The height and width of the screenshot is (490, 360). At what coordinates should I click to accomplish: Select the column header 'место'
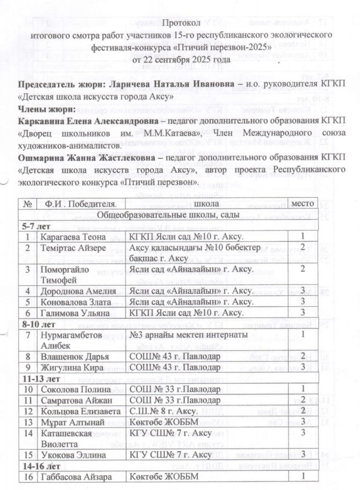tap(303, 204)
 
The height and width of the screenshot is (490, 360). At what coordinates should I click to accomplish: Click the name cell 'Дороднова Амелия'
tap(78, 290)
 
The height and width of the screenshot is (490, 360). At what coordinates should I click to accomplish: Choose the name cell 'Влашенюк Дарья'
tap(75, 356)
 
